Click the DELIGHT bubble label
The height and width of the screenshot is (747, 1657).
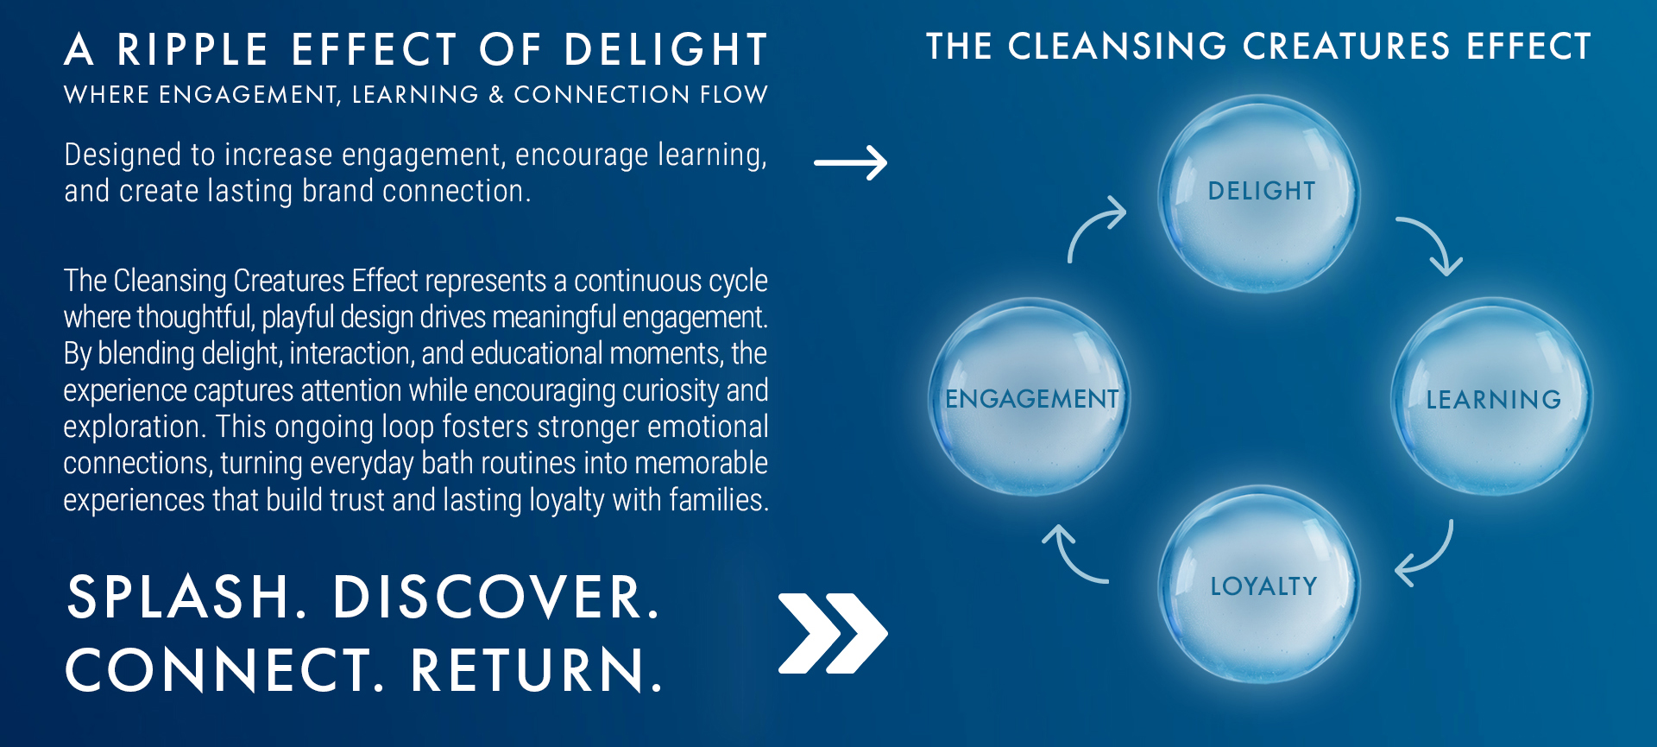[1262, 191]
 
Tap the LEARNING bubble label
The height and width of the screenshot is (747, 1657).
[1493, 399]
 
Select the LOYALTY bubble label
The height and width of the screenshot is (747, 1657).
[1263, 586]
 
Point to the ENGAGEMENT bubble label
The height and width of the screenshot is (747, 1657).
[1031, 398]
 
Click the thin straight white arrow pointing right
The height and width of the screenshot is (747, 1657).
[850, 162]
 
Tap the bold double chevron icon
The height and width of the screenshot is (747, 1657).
[832, 633]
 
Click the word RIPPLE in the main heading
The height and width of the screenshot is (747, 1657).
[192, 50]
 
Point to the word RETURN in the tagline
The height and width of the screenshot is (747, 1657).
[536, 670]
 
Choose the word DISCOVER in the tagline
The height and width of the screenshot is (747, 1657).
[496, 597]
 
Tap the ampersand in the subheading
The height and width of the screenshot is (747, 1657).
[495, 95]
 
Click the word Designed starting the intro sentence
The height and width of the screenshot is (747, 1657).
[123, 155]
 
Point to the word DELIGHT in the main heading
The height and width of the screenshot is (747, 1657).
[665, 50]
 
